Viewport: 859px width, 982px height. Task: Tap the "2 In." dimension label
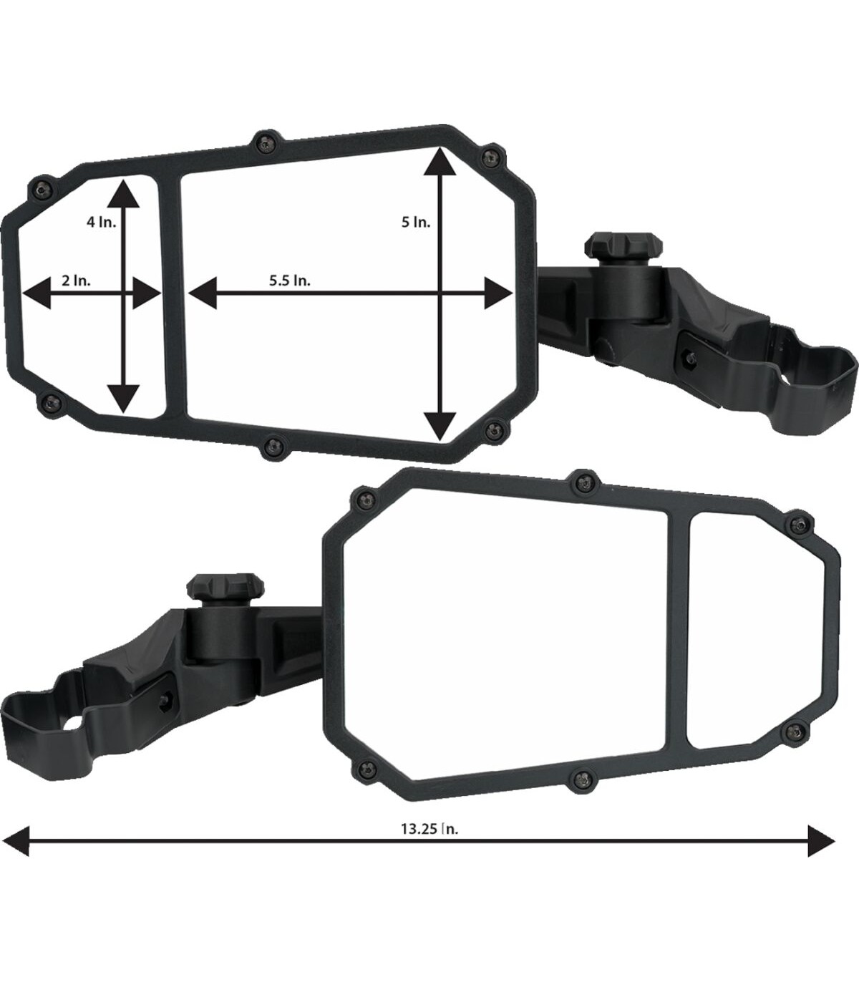[x=76, y=281]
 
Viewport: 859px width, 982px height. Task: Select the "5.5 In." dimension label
[x=289, y=281]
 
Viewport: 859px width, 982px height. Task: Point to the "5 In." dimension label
[x=416, y=222]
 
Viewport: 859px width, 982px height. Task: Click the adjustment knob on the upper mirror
[x=623, y=245]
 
